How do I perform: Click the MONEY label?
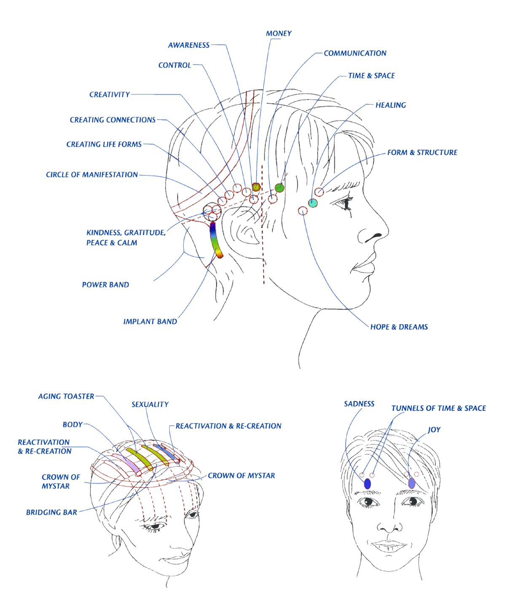[279, 33]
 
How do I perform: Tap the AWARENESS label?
[189, 45]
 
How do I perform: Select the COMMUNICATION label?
[355, 54]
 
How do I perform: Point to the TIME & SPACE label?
[371, 76]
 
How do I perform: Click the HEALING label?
[390, 105]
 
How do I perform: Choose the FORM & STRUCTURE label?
[422, 153]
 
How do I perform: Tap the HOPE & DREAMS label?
[399, 327]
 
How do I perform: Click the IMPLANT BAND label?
[150, 322]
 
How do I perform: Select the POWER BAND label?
[105, 285]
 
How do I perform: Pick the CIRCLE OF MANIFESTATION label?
[92, 175]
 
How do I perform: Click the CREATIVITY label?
[110, 95]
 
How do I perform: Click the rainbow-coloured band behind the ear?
[215, 239]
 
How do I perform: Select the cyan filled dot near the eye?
[313, 203]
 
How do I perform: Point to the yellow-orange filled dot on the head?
[256, 187]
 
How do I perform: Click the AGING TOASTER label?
[66, 397]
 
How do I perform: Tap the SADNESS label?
[359, 404]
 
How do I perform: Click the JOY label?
[434, 430]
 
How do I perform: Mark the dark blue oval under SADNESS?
[367, 484]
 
